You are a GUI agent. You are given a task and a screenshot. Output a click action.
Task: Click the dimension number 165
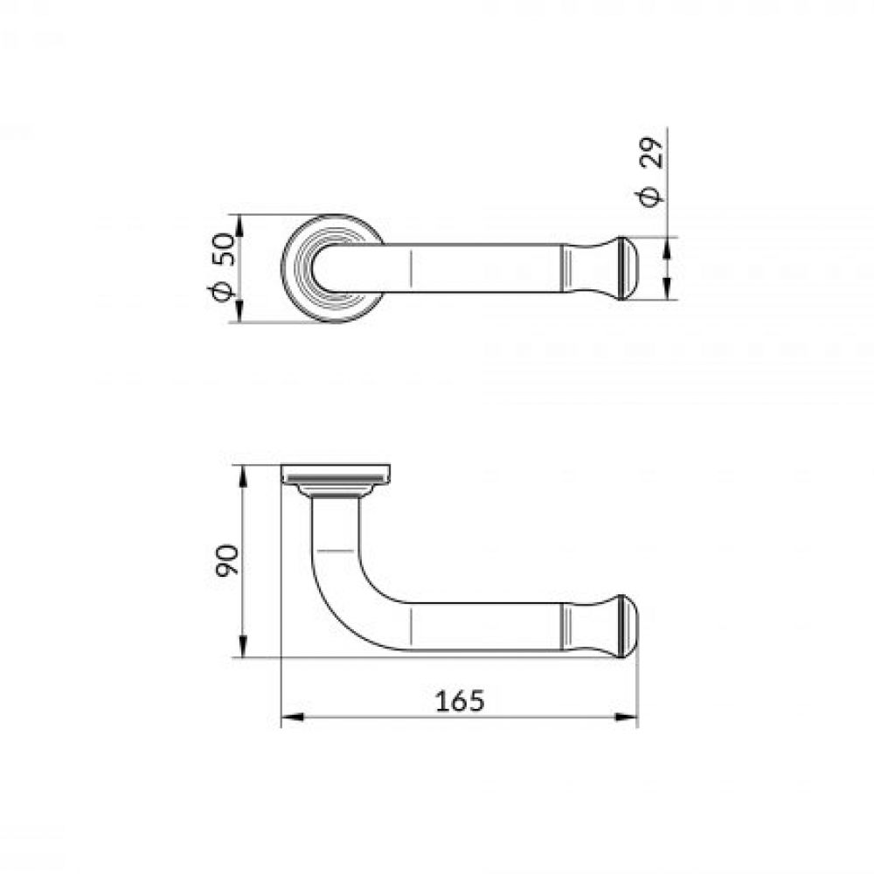pyautogui.click(x=460, y=701)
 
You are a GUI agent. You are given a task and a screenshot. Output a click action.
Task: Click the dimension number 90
pyautogui.click(x=227, y=561)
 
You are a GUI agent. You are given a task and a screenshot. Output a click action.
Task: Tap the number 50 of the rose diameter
pyautogui.click(x=224, y=250)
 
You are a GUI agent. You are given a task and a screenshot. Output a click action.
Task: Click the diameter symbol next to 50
pyautogui.click(x=222, y=292)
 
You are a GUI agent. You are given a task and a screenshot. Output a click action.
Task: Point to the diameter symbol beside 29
pyautogui.click(x=650, y=195)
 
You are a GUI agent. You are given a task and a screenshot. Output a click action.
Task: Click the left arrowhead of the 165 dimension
pyautogui.click(x=292, y=718)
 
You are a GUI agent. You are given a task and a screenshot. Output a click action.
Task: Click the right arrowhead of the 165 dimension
pyautogui.click(x=626, y=718)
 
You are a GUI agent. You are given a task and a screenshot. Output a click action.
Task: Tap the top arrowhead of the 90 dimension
pyautogui.click(x=242, y=477)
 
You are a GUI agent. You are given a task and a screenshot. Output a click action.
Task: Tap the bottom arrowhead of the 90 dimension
pyautogui.click(x=242, y=646)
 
